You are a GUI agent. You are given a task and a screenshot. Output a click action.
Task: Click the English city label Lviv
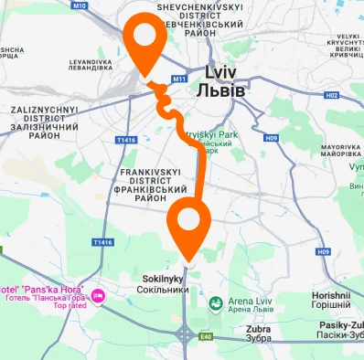[220, 74]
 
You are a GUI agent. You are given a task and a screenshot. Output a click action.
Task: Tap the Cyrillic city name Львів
[220, 90]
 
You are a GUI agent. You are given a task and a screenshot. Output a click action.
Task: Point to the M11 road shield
[180, 80]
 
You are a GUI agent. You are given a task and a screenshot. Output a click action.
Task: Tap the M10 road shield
[79, 5]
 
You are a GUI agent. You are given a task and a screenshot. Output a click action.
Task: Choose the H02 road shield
[331, 94]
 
